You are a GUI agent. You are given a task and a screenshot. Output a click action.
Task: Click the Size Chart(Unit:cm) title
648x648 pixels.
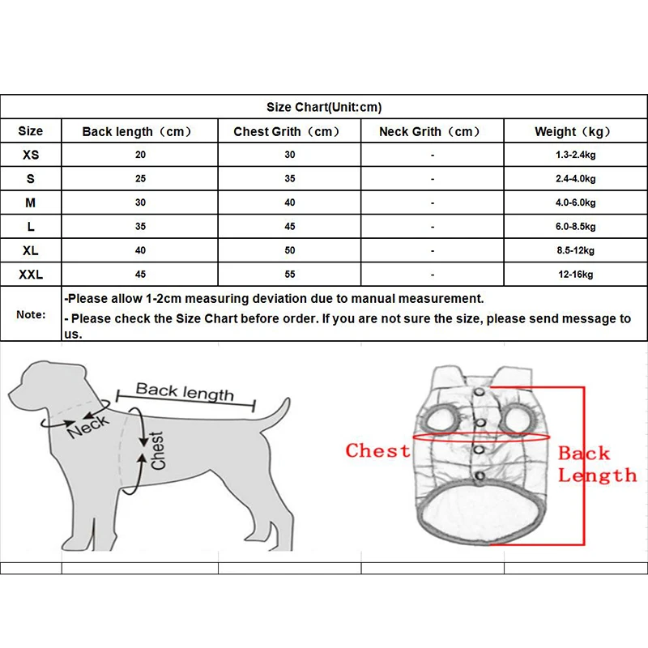click(324, 107)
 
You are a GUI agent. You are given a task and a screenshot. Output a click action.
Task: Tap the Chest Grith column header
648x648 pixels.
click(288, 131)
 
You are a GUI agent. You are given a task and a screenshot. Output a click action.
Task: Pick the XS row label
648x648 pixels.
click(31, 155)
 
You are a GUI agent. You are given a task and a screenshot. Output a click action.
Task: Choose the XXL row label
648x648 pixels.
click(31, 275)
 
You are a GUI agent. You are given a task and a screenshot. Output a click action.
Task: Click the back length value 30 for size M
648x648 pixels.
click(141, 202)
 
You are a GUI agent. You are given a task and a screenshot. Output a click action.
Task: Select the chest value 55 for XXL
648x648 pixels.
click(290, 275)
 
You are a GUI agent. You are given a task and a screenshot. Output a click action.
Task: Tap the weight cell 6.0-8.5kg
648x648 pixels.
click(576, 227)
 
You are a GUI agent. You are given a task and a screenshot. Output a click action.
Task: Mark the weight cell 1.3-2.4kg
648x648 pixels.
click(576, 155)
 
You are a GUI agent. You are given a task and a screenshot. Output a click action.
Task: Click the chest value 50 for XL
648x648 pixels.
click(290, 251)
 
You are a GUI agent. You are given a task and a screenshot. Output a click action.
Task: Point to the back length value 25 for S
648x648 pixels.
click(141, 179)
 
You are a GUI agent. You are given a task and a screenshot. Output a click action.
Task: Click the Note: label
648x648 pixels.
click(32, 314)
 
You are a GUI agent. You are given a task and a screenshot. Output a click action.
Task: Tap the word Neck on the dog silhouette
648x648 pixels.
click(87, 424)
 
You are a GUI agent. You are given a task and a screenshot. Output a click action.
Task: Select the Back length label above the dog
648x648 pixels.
click(185, 392)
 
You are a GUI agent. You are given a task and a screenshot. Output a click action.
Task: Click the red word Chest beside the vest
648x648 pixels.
click(377, 451)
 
